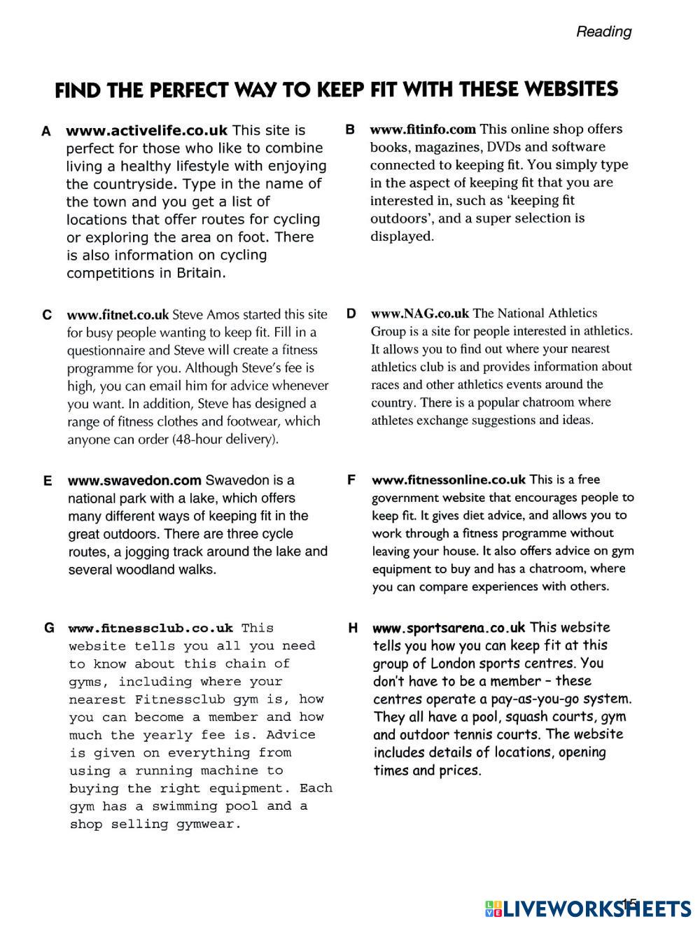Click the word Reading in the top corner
click(x=603, y=31)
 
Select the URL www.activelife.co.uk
click(x=146, y=130)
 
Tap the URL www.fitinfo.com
click(x=423, y=129)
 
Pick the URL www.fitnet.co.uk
click(x=118, y=314)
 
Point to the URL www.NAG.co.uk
click(x=420, y=314)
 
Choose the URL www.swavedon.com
click(x=134, y=481)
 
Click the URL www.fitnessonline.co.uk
click(x=448, y=480)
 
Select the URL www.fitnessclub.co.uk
click(x=150, y=628)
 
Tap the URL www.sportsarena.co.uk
click(x=448, y=628)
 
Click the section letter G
click(x=49, y=628)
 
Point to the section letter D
click(x=351, y=314)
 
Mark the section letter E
click(x=48, y=481)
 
